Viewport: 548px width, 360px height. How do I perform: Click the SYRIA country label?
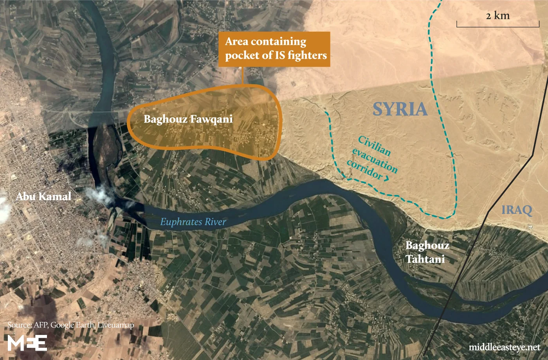coord(399,109)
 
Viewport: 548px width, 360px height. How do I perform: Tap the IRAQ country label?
coord(517,210)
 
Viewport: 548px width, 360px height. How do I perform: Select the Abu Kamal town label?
coord(43,196)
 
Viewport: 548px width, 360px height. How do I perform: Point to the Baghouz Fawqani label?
coord(188,119)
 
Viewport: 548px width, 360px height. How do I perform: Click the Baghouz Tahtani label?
coord(427,252)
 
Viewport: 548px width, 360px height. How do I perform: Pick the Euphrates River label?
coord(193,222)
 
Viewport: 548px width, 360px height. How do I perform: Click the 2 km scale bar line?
coord(498,26)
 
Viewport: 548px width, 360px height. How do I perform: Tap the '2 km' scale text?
coord(498,16)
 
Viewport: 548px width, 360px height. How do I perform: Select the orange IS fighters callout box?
coord(274,49)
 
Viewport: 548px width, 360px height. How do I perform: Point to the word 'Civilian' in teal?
coord(374,145)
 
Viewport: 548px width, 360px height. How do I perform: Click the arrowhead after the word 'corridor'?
coord(387,179)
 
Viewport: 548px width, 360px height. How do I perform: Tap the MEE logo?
coord(27,343)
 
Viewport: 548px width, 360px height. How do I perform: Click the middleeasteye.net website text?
coord(504,347)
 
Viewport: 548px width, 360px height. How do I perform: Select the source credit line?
coord(70,325)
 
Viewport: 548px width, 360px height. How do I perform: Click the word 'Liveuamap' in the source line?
coord(115,325)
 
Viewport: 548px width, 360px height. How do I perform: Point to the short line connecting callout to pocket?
coord(243,76)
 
